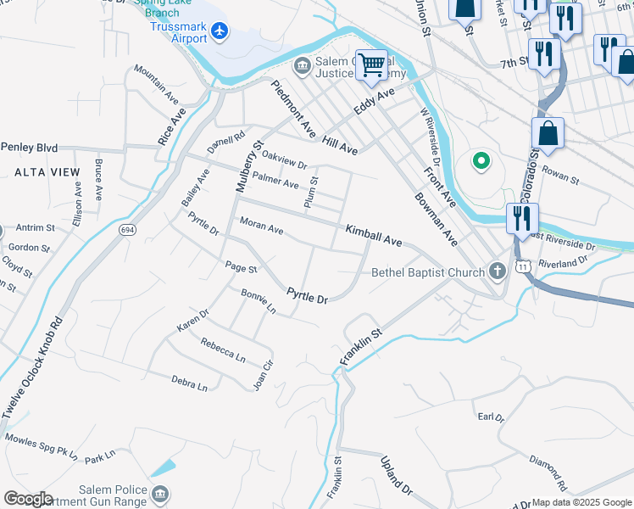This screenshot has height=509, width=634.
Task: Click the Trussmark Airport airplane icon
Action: pos(220,31)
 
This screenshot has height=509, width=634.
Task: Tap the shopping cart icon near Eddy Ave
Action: pos(370,64)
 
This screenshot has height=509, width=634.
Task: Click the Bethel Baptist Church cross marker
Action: pos(498,272)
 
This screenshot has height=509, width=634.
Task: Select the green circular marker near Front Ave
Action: pos(480,160)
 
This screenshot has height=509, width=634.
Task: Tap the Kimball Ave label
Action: pos(373,236)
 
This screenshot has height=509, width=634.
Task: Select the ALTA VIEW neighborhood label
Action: pos(47,172)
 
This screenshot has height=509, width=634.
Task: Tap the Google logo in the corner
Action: pos(28,499)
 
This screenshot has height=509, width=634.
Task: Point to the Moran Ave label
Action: pos(261,227)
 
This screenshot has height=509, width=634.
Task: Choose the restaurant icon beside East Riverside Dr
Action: pos(520,218)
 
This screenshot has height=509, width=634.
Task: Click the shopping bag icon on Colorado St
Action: pos(548,133)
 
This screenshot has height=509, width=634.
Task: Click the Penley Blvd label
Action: pos(29,148)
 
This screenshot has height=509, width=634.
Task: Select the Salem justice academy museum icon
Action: pos(301,65)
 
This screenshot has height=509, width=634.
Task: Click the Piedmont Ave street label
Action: pos(292,109)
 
